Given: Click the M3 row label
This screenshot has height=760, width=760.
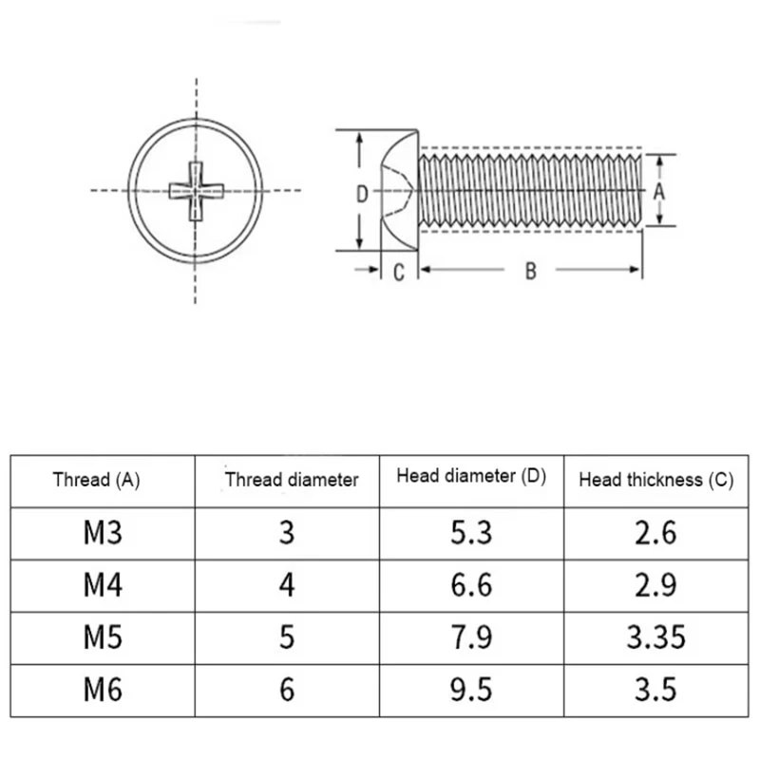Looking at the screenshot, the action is [103, 533].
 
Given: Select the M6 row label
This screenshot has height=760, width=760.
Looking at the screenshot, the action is [103, 690].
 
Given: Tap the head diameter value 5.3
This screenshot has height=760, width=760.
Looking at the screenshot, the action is [471, 533].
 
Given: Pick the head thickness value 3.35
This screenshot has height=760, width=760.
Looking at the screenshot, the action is [656, 636].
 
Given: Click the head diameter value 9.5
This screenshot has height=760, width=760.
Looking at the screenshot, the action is [471, 690].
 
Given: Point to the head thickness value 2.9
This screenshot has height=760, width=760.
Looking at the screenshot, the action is [655, 585].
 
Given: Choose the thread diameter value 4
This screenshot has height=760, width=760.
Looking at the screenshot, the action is [287, 585].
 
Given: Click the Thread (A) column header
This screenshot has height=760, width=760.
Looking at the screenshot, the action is [97, 480].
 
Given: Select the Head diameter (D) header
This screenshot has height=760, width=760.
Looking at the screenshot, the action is [471, 476].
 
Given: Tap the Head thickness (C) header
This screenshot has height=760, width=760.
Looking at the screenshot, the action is [656, 480].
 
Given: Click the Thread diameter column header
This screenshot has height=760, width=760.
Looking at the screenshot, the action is [292, 480].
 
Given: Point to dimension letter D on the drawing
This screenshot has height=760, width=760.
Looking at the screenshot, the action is [363, 195].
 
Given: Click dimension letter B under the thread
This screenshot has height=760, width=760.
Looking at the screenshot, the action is [531, 271].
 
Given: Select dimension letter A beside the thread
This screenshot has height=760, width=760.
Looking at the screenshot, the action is [658, 193].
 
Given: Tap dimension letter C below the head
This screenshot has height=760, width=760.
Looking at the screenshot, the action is [399, 273].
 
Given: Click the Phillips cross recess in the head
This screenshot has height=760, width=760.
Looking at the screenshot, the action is [196, 191].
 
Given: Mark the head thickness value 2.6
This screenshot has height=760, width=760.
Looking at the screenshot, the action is [655, 533].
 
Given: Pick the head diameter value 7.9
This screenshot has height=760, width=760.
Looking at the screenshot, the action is [471, 636].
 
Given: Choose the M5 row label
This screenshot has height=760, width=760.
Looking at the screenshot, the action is [103, 636].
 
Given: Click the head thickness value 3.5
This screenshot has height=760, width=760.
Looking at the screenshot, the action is [655, 690].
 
